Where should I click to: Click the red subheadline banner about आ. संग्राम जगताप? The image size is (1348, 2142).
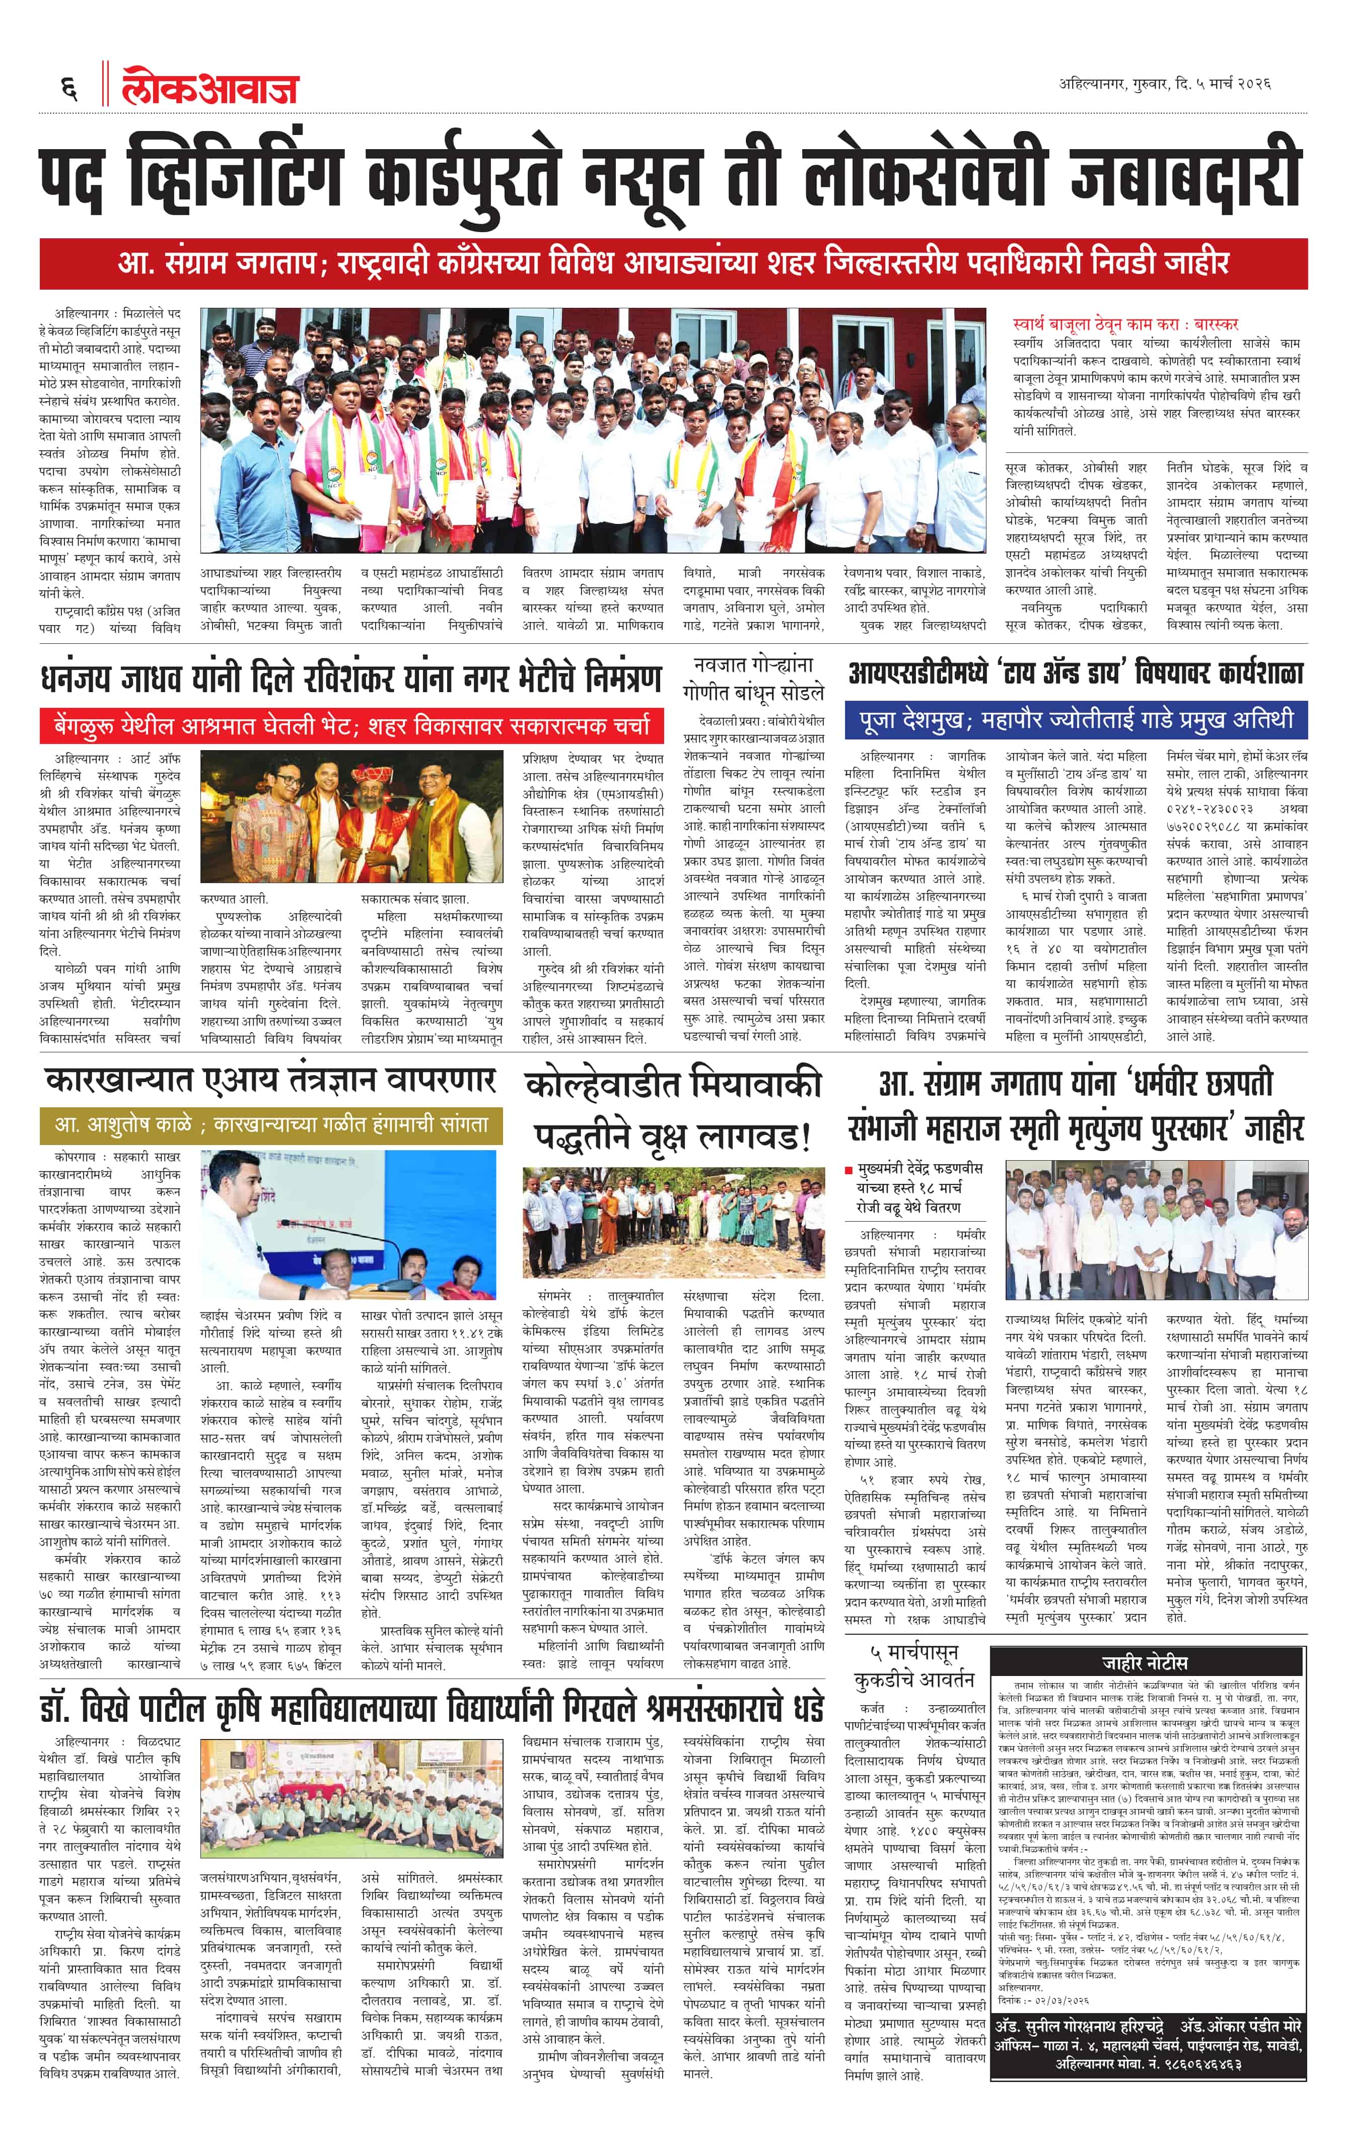[x=673, y=263]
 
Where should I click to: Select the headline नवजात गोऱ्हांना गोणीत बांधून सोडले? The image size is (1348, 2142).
[x=753, y=679]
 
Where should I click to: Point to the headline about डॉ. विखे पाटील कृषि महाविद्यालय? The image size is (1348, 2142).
[x=431, y=1708]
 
